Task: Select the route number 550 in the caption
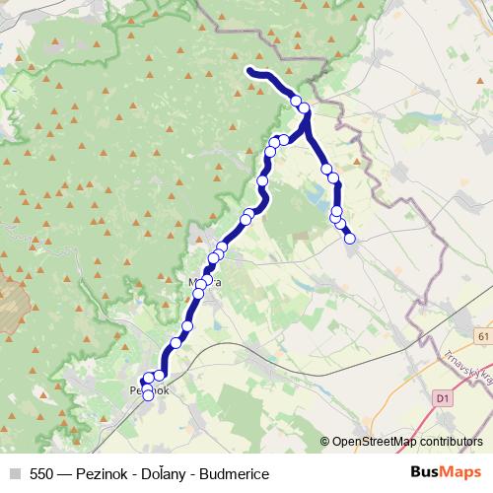coord(42,474)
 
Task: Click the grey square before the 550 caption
coord(14,474)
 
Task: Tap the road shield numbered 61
coord(482,336)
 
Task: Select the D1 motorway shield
coord(441,398)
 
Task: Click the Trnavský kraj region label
coord(464,369)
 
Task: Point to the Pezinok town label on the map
coord(149,391)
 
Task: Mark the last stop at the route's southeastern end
coord(349,238)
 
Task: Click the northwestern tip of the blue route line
coord(248,70)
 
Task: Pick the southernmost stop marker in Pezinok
coord(148,396)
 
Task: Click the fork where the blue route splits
coord(307,124)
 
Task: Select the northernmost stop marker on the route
coord(295,101)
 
